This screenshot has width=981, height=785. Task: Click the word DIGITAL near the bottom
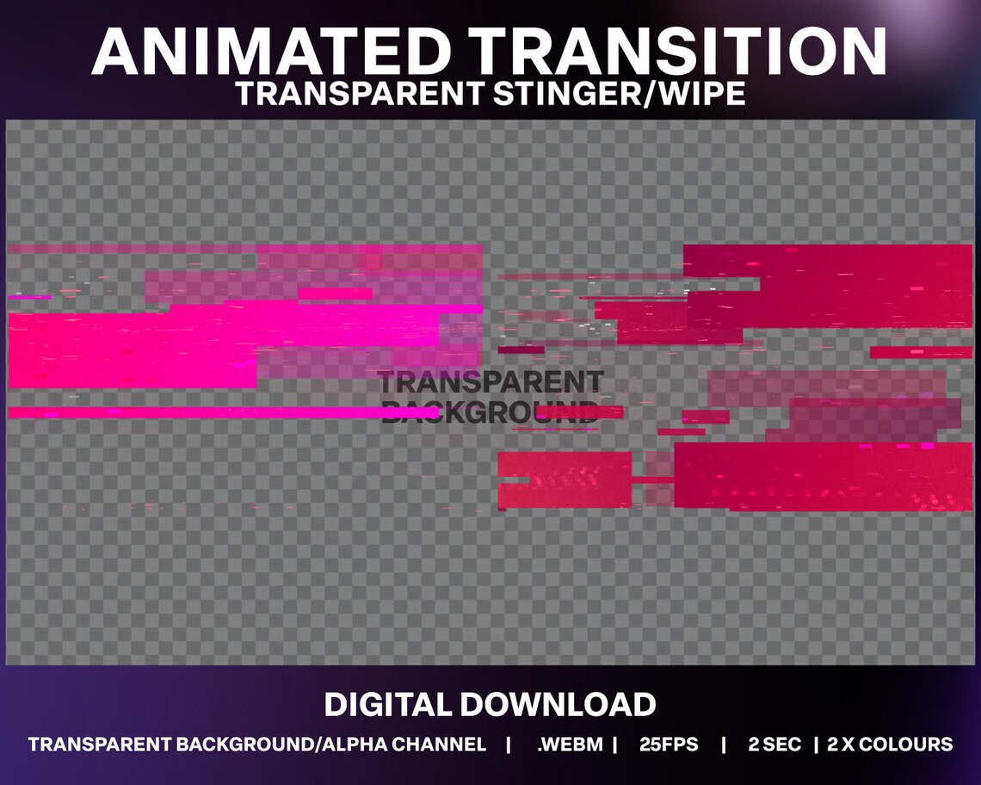coord(388,705)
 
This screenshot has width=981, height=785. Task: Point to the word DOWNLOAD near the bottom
coord(558,705)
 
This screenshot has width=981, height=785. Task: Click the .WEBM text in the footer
coord(569,745)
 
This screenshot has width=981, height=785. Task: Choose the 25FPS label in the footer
coord(669,745)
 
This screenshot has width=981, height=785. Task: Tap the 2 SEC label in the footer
coord(774,745)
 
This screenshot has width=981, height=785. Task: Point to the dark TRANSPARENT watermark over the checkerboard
coord(490,381)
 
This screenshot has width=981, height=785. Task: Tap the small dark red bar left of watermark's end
coord(521,349)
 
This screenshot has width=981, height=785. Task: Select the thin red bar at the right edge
coord(920,352)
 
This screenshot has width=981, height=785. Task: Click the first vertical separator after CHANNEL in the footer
coord(510,745)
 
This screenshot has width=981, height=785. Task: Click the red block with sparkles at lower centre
coord(565,479)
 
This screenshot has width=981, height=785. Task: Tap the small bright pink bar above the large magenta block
coord(335,294)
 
